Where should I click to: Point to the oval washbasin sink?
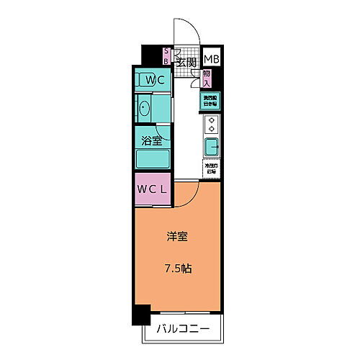(144, 109)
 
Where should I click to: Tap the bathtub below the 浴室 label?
(153, 159)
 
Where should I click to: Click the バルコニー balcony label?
(184, 330)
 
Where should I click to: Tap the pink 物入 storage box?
(207, 78)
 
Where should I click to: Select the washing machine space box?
(210, 101)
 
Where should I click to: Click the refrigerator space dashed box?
(210, 169)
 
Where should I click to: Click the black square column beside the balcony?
(141, 315)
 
